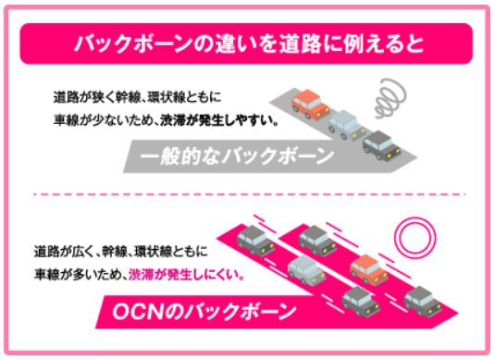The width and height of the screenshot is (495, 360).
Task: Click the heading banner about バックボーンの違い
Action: (246, 43)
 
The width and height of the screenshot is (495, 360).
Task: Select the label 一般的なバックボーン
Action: (237, 155)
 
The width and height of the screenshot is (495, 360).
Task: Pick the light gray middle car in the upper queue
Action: (344, 123)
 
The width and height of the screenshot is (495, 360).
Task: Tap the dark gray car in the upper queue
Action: (379, 143)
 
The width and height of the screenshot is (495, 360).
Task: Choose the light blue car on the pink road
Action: (305, 270)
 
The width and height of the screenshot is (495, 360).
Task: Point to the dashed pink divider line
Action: (246, 195)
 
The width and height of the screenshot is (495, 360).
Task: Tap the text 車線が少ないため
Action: (99, 119)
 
